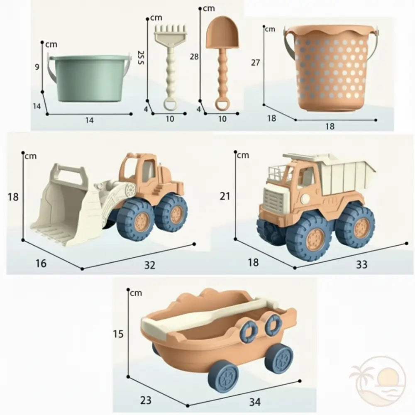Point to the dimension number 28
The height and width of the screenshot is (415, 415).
coord(194,57)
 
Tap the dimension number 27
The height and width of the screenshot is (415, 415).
coord(256,63)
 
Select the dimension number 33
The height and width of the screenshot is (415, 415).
coord(362,264)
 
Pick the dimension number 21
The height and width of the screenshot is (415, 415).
coord(225,196)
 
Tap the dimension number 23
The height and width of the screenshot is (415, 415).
coord(146,400)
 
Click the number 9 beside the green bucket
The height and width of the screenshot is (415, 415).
coord(37,66)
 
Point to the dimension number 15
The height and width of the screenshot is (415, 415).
coord(118,334)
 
